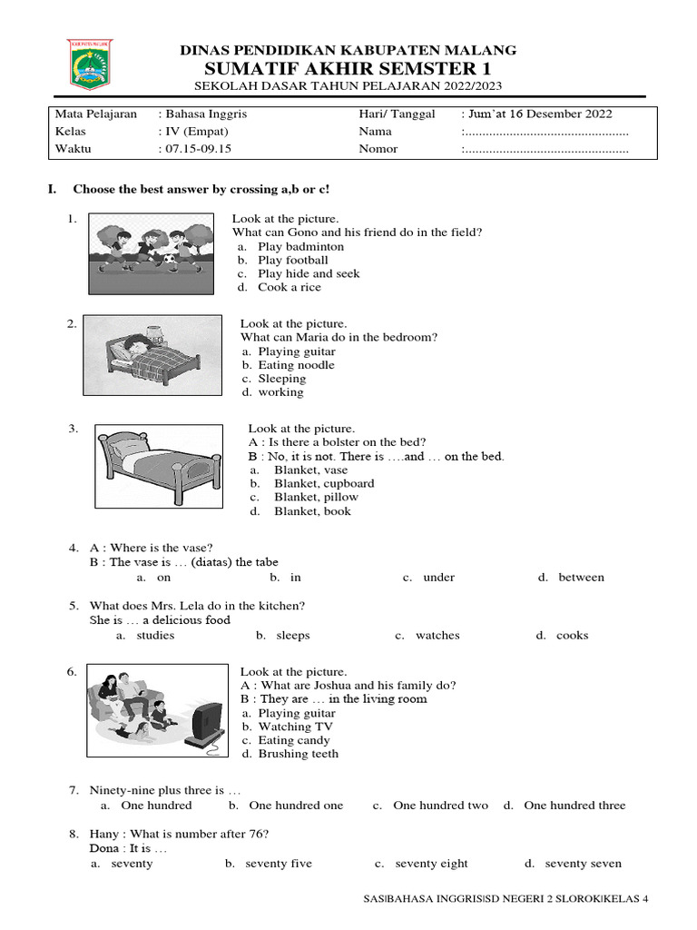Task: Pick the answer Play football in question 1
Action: [292, 260]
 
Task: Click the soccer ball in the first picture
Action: [170, 261]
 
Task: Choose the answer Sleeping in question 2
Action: [281, 379]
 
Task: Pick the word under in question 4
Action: [438, 578]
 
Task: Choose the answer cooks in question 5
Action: [572, 636]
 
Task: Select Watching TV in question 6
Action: [295, 727]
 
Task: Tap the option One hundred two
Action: [440, 806]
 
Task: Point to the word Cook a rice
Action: [289, 287]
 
